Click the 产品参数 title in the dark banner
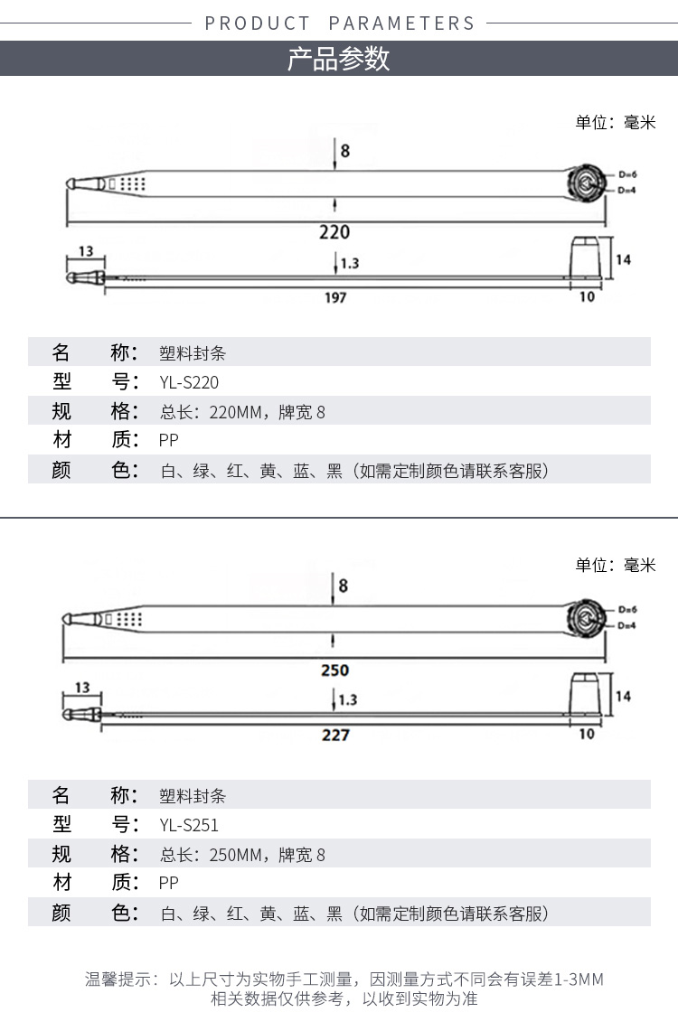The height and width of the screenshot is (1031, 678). coord(339,59)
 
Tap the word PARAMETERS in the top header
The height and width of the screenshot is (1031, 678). coord(401,23)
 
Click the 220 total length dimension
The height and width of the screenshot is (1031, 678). coord(334,232)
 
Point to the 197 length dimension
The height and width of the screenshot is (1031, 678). coord(335,298)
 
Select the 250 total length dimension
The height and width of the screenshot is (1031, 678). coord(334,670)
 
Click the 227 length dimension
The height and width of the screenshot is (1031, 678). coord(335,735)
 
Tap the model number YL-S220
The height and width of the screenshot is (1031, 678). coord(189,382)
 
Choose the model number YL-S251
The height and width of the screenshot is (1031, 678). coord(189,825)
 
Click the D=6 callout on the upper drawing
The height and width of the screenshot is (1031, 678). coord(627,174)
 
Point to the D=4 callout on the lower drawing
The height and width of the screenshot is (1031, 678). coord(626,625)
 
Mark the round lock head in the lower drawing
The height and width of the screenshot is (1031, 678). coord(586,618)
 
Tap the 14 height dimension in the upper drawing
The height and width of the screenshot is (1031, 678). coord(623,259)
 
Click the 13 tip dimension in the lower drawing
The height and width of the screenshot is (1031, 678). coord(82,687)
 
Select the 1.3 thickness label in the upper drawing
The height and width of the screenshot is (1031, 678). coord(350,264)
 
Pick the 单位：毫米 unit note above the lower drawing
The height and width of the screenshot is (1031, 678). coord(616,565)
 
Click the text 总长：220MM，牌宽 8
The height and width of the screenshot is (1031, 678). coord(242,412)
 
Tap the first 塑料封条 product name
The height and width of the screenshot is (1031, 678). coord(193,353)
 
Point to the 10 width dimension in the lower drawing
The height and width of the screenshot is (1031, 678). coord(587,734)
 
